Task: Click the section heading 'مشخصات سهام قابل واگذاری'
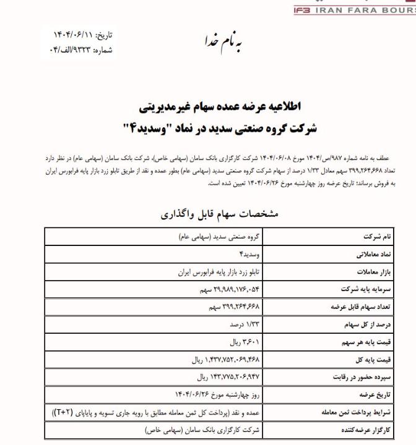(219, 214)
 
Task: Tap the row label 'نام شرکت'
(386, 237)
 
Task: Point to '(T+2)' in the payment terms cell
(60, 412)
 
